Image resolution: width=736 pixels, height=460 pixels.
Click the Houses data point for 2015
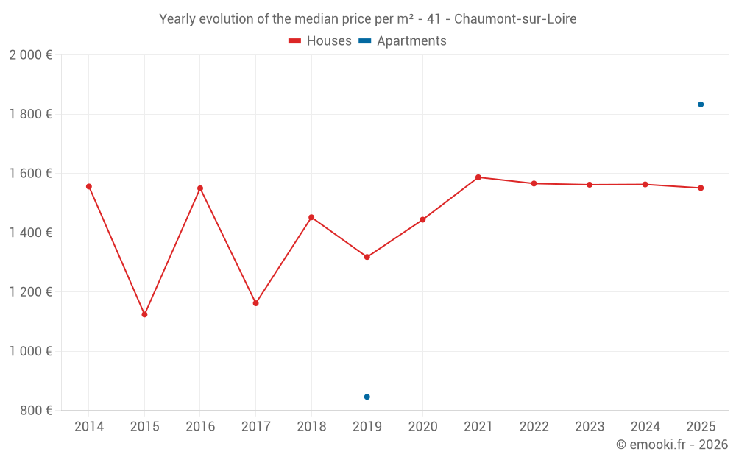[x=144, y=314]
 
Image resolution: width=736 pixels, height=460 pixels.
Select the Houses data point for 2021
[x=478, y=177]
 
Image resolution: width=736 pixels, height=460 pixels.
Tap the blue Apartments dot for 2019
[x=367, y=397]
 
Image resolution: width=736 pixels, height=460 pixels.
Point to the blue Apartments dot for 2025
[x=701, y=105]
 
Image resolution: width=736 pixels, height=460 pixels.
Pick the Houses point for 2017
[x=255, y=303]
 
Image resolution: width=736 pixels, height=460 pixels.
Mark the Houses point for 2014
[x=89, y=186]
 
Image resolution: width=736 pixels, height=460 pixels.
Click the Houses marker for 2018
[x=311, y=217]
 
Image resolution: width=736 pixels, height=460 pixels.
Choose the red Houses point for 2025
[x=701, y=188]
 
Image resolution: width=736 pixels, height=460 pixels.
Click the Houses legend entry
[x=320, y=41]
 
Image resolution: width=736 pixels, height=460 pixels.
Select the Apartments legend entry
[x=403, y=41]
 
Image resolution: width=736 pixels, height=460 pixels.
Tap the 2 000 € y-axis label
[x=30, y=55]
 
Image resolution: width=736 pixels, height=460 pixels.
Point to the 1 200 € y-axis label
[x=30, y=292]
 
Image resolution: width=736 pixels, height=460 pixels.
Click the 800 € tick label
[x=35, y=411]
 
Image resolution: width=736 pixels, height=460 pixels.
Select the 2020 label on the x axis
[x=422, y=427]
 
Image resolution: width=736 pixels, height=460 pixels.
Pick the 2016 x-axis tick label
[x=200, y=427]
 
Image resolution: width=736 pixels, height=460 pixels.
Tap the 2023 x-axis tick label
[x=590, y=427]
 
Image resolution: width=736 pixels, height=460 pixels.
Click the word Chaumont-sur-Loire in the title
[x=515, y=18]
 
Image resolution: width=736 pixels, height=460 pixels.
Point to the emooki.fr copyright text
[x=671, y=445]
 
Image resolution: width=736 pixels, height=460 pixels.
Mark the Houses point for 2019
[x=367, y=257]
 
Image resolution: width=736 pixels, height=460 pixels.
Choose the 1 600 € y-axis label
[x=30, y=174]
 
